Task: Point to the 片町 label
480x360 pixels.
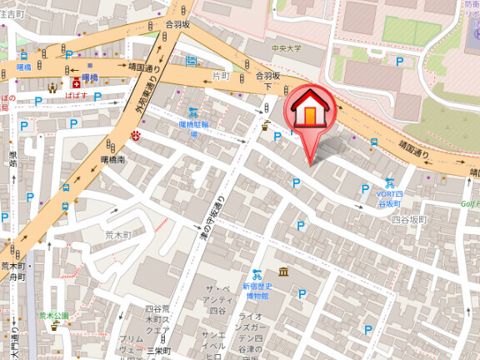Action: pos(221,75)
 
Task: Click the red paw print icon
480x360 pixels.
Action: pos(136,134)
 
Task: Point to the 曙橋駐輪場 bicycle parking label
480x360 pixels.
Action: pos(194,127)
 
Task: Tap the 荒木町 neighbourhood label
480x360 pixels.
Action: pos(118,236)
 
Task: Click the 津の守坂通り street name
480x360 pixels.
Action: pos(212,220)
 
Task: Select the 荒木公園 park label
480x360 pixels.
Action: pos(53,316)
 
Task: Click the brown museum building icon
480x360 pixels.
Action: pos(283,272)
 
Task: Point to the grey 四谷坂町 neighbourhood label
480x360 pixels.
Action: pos(408,219)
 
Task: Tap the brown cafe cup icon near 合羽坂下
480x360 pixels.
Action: pos(267,126)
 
